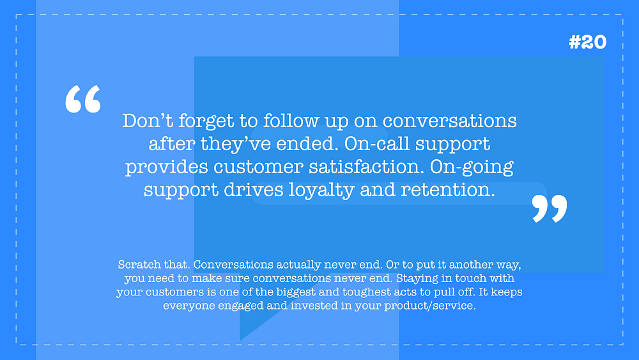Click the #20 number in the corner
coord(588,42)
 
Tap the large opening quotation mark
coord(83,98)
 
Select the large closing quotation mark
coord(550,208)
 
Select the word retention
coord(448,190)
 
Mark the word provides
coord(167,168)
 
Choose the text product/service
coord(429,306)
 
